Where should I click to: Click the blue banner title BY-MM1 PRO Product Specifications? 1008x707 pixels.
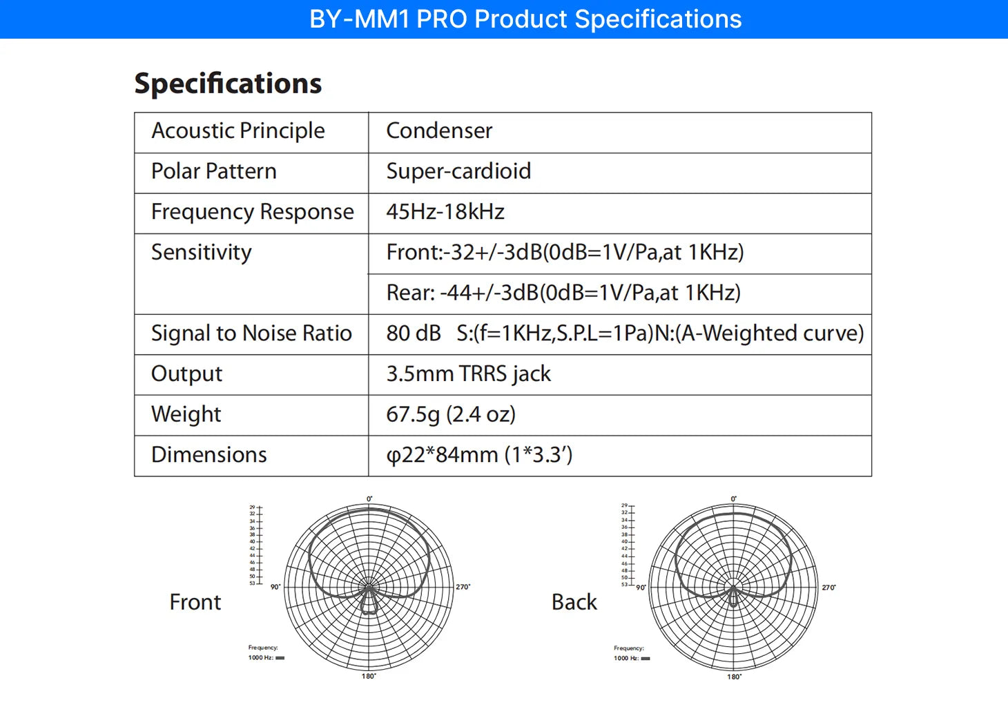[525, 19]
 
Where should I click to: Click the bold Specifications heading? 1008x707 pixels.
[228, 84]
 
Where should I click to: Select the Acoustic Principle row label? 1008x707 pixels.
[238, 130]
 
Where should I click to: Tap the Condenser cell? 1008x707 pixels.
[439, 130]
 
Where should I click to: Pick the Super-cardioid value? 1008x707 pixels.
[458, 171]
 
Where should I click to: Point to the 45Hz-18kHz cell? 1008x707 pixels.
[445, 212]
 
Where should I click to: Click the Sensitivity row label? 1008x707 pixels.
[201, 253]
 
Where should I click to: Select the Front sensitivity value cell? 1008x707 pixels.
[565, 253]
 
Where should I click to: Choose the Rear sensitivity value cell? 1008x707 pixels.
[563, 293]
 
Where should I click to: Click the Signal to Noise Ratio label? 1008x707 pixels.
[251, 333]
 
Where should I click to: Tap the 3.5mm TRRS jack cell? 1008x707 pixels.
[468, 374]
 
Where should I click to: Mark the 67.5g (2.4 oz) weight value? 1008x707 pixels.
[451, 414]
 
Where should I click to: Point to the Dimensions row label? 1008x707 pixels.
[209, 455]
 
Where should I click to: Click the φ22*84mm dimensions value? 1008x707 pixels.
[479, 455]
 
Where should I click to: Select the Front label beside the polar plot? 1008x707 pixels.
[195, 602]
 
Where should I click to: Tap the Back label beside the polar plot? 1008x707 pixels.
[574, 602]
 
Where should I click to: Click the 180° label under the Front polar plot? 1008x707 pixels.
[369, 676]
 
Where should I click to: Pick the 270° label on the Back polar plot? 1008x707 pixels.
[828, 588]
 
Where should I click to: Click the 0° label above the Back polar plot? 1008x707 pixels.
[734, 498]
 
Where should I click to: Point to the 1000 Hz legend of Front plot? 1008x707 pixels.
[266, 657]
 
